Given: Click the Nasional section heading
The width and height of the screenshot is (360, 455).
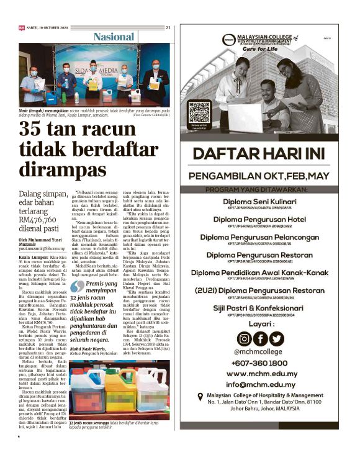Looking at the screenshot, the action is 113,38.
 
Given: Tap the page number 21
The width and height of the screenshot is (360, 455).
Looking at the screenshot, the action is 168,27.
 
